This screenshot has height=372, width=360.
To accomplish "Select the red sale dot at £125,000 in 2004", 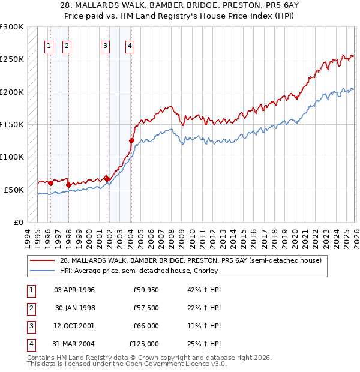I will click(131, 141).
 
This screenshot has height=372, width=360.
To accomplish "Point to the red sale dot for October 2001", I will click(107, 179).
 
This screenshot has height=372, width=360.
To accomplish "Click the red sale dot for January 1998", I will click(68, 185).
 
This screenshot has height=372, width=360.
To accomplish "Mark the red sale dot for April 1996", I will click(50, 183).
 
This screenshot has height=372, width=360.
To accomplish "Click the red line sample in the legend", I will click(42, 260).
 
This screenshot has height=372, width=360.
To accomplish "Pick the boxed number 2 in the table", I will click(29, 308).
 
